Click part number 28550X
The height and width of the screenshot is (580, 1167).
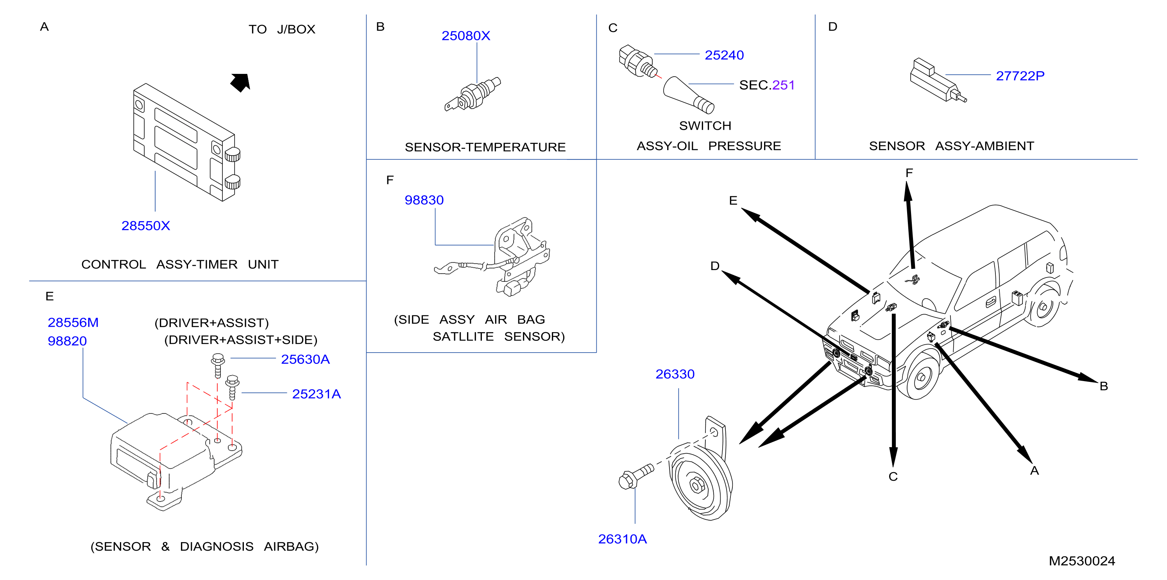coord(145,226)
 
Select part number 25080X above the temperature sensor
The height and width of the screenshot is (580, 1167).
coord(466,36)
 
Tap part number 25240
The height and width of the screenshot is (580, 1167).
coord(724,55)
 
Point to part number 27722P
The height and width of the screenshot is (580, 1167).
coord(1020,76)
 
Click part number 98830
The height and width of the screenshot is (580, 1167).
coord(424,200)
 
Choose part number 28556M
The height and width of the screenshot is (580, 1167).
coord(73,322)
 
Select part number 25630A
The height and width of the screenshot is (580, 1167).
coord(305,359)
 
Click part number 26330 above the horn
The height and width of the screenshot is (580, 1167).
coord(675,374)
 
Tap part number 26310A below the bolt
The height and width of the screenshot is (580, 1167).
coord(623,539)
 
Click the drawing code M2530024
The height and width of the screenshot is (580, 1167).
coord(1082,561)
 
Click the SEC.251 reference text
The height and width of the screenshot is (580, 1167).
coord(767,85)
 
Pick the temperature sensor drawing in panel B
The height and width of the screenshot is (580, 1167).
coord(473,95)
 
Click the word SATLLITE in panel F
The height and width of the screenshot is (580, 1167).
coord(463,337)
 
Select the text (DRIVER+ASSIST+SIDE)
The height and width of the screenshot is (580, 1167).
coord(241,340)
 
